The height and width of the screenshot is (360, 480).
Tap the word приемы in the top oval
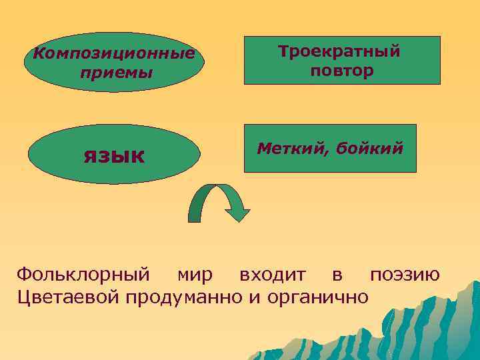pyautogui.click(x=114, y=71)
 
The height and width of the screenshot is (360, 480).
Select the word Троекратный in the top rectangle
pyautogui.click(x=339, y=51)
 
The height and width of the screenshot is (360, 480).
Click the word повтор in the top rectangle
pyautogui.click(x=341, y=70)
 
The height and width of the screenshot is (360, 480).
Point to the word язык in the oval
pyautogui.click(x=114, y=155)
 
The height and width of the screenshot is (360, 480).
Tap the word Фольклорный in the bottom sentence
pyautogui.click(x=82, y=274)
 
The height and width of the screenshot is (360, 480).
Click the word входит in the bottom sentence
pyautogui.click(x=273, y=274)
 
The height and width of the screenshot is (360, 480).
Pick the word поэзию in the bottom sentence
pyautogui.click(x=405, y=274)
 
